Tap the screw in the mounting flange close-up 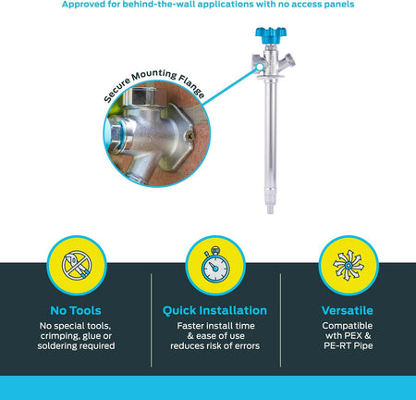click(190, 135)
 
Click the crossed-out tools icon click(77, 266)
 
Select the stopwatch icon click(215, 265)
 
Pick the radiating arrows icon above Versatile click(349, 266)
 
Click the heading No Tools click(76, 310)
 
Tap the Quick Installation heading click(214, 310)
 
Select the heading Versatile click(348, 310)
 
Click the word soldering click(56, 345)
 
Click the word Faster click(190, 326)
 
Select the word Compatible click(348, 326)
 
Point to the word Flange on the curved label click(191, 87)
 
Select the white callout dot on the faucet click(260, 67)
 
